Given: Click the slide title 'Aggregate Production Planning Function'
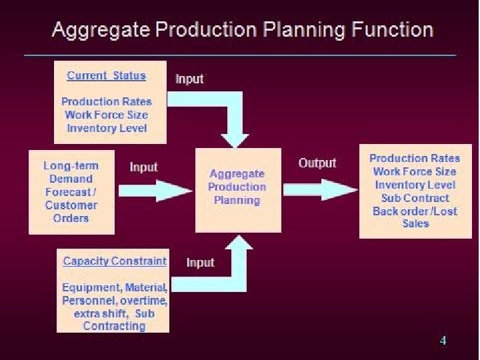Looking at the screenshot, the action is (x=243, y=30).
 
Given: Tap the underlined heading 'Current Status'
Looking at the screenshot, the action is (x=106, y=75).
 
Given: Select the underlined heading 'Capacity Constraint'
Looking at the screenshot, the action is (x=114, y=261).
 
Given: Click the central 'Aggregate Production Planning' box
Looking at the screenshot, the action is (x=237, y=187).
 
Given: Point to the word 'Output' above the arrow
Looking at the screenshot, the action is (x=317, y=163).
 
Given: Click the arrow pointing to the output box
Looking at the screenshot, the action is (x=320, y=190).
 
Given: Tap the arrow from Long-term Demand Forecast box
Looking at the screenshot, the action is (x=155, y=190).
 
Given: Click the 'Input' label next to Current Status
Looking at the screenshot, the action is (x=189, y=79).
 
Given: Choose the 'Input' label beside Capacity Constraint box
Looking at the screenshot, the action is (x=200, y=263).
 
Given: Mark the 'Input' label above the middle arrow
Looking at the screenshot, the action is (x=143, y=167).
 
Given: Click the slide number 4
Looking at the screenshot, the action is (x=443, y=341).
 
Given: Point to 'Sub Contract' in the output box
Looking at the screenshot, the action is (x=415, y=198).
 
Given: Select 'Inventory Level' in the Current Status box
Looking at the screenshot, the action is (x=107, y=128).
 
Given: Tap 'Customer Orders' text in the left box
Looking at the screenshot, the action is (x=71, y=211).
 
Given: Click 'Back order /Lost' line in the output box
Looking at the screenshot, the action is (x=415, y=211).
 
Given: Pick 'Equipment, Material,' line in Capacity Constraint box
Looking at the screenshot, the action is (x=114, y=287).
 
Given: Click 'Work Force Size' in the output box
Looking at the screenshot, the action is (x=415, y=172).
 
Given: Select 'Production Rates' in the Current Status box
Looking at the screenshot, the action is (x=107, y=101).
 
